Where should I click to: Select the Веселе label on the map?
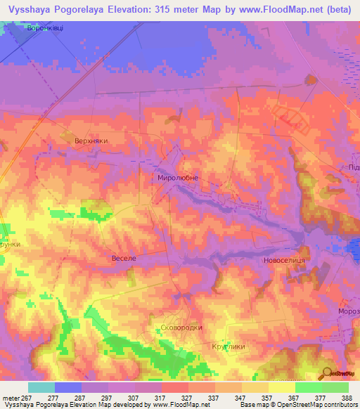click(x=124, y=259)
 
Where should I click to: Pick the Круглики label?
click(x=227, y=346)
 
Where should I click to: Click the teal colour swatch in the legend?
click(x=41, y=387)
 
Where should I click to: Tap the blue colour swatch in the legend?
click(x=68, y=387)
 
